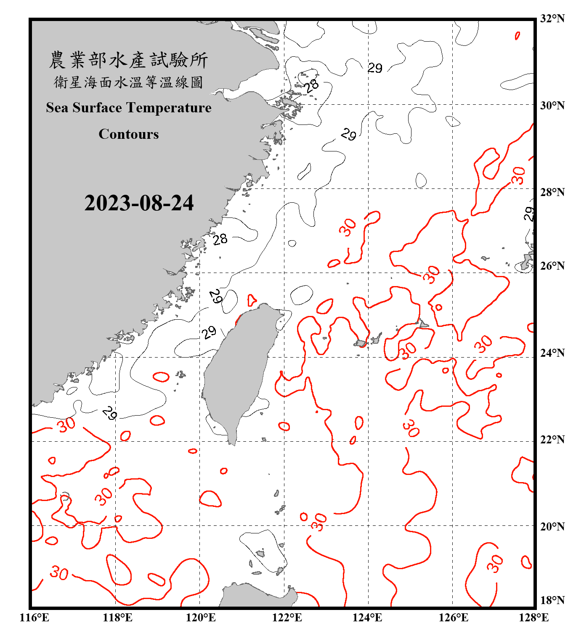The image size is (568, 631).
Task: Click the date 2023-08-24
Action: pyautogui.click(x=139, y=203)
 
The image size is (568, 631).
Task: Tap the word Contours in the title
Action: pyautogui.click(x=129, y=134)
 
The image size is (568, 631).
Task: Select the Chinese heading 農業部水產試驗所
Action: pyautogui.click(x=128, y=60)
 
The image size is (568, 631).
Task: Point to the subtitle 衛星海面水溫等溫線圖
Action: pyautogui.click(x=128, y=82)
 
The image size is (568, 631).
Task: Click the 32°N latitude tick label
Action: pyautogui.click(x=552, y=19)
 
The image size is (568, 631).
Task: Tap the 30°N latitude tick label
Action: pyautogui.click(x=552, y=105)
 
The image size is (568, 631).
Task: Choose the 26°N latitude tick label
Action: pyautogui.click(x=552, y=266)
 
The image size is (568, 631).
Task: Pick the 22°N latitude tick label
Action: pyautogui.click(x=552, y=440)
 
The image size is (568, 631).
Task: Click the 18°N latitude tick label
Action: pyautogui.click(x=552, y=600)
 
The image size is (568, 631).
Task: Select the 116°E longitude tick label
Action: pyautogui.click(x=35, y=618)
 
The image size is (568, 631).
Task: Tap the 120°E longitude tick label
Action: pyautogui.click(x=201, y=618)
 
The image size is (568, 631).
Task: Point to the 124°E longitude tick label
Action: pyautogui.click(x=367, y=618)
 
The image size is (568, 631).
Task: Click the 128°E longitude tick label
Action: pyautogui.click(x=533, y=618)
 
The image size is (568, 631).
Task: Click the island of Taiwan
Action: pyautogui.click(x=238, y=370)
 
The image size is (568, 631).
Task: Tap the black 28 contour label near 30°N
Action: pyautogui.click(x=312, y=86)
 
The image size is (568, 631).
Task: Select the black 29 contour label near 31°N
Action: pyautogui.click(x=375, y=68)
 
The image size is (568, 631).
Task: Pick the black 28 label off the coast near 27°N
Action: pyautogui.click(x=220, y=239)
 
